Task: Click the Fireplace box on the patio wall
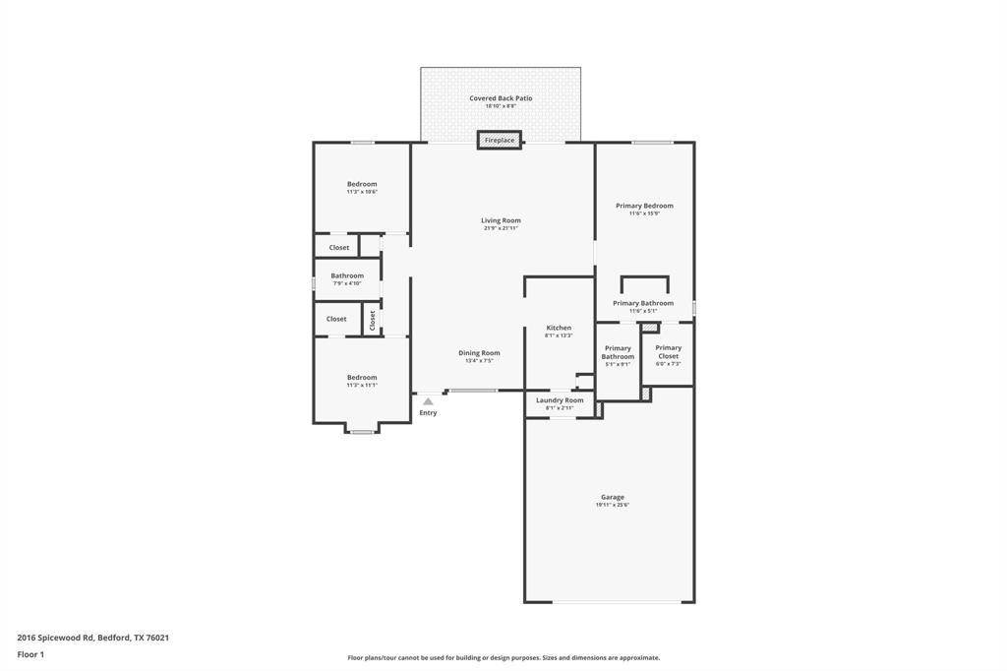[x=500, y=141]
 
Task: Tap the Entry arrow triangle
[x=428, y=401]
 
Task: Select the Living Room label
[x=501, y=220]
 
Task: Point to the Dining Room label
[x=479, y=353]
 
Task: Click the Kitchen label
[x=559, y=328]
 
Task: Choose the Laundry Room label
[x=560, y=400]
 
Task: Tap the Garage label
[x=612, y=497]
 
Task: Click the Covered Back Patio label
[x=501, y=98]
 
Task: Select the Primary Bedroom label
[x=644, y=206]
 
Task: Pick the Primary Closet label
[x=668, y=351]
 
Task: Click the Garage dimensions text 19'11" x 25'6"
[x=612, y=506]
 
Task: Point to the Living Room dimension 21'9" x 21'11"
[x=501, y=228]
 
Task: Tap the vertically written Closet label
[x=373, y=319]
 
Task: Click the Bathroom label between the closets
[x=347, y=275]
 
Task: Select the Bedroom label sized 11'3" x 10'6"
[x=362, y=184]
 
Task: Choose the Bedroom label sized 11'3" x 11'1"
[x=362, y=377]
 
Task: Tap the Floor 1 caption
[x=30, y=654]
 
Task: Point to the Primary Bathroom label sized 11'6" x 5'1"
[x=643, y=303]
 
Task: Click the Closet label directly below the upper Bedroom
[x=338, y=248]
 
